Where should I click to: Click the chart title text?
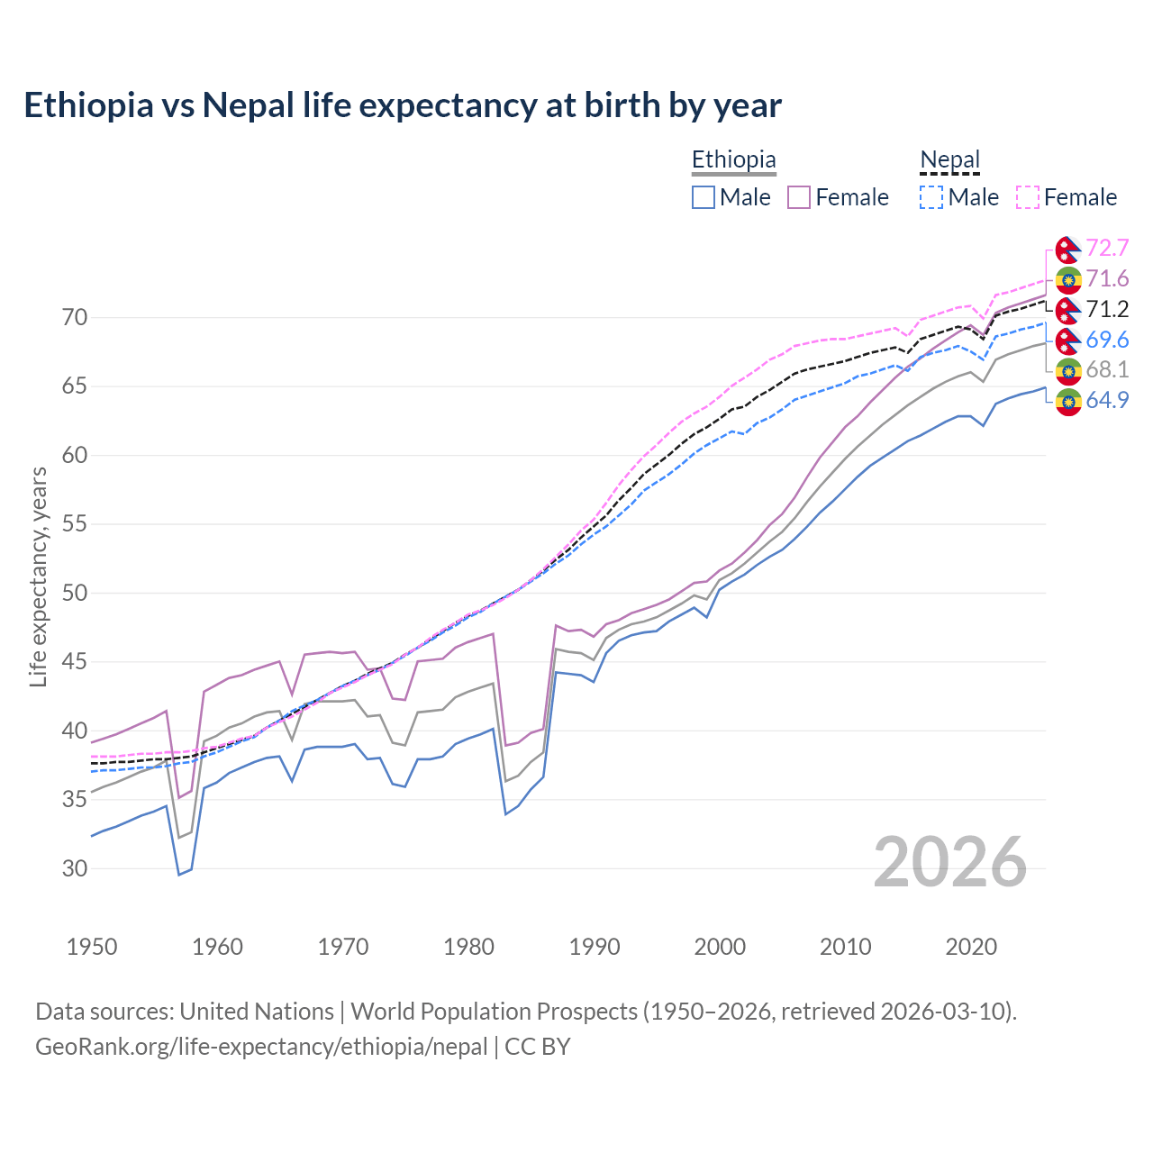(x=403, y=105)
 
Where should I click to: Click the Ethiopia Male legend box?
(x=704, y=197)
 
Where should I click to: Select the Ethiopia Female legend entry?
(x=839, y=197)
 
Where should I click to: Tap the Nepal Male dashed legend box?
(x=931, y=197)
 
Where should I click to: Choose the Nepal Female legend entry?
(x=1067, y=197)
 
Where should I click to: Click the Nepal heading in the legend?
(x=949, y=160)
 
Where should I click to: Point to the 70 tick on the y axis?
(x=75, y=317)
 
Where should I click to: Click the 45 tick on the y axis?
(x=75, y=662)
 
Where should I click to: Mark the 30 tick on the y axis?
(x=75, y=868)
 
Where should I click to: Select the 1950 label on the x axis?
(x=92, y=947)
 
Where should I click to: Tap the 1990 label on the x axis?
(x=595, y=947)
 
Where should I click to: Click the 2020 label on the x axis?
(x=971, y=947)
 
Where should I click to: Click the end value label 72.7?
(x=1107, y=248)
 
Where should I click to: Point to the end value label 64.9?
(x=1107, y=401)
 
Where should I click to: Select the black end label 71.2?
(x=1107, y=310)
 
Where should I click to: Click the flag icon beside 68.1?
(x=1068, y=370)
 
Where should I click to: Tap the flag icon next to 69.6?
(x=1068, y=340)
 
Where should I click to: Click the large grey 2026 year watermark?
(x=950, y=862)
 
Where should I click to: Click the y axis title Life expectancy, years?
(x=39, y=576)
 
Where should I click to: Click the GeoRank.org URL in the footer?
(x=261, y=1047)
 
